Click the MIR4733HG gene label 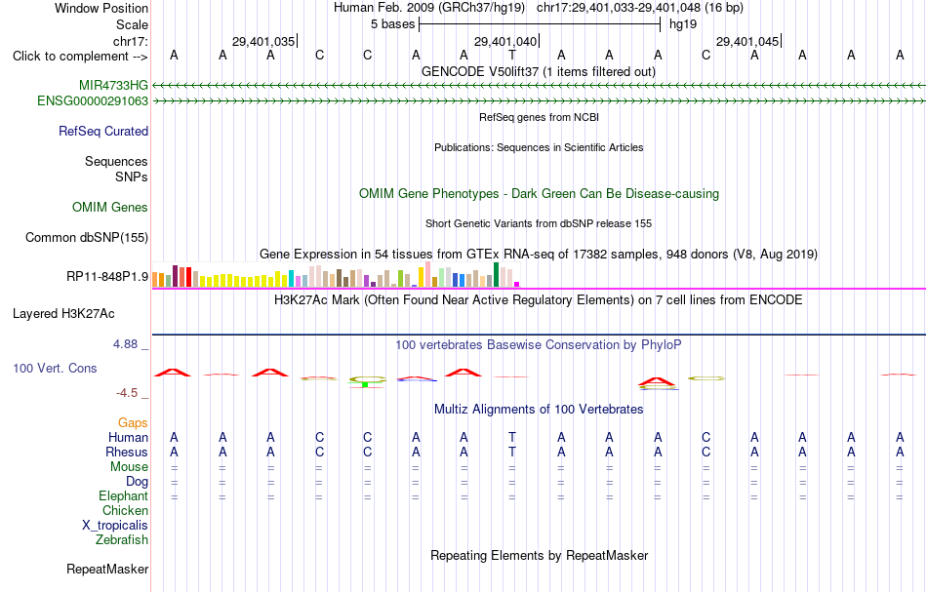(113, 85)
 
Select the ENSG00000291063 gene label (93, 101)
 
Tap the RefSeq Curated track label (103, 131)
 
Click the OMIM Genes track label (110, 208)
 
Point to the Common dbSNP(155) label (87, 238)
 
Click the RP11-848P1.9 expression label (107, 277)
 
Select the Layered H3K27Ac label (63, 314)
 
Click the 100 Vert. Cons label (55, 368)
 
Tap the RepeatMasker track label (107, 569)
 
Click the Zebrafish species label (122, 539)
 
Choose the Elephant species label (124, 495)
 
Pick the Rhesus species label (127, 452)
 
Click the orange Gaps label (133, 422)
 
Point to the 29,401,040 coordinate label (505, 41)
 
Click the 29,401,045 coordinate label (747, 41)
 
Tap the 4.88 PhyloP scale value (125, 344)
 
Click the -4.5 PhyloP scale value (127, 393)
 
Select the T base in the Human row (512, 437)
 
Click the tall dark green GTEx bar (496, 275)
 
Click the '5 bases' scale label (392, 24)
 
